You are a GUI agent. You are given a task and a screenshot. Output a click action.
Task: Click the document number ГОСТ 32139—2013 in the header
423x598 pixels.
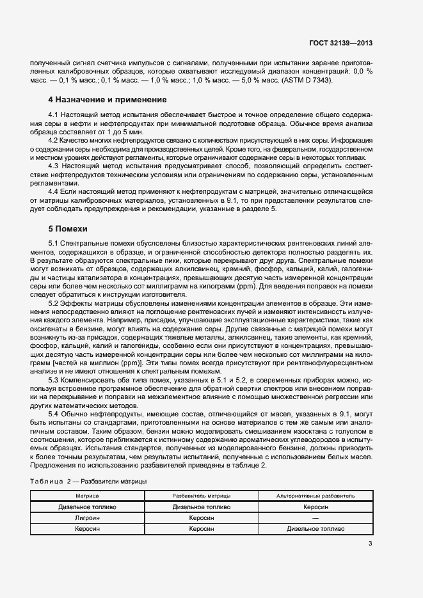tap(340, 43)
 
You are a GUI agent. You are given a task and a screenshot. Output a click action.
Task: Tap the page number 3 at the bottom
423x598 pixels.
tap(370, 544)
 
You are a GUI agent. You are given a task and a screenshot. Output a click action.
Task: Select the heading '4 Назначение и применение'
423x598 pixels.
tap(108, 100)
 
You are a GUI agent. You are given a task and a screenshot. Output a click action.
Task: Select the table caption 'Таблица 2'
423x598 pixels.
tap(52, 480)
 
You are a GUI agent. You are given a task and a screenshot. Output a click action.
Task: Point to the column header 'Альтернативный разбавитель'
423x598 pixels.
tap(315, 496)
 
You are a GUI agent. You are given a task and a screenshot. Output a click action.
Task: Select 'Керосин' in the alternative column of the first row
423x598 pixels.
tap(315, 507)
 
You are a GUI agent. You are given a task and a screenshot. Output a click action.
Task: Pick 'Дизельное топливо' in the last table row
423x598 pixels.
tap(315, 529)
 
